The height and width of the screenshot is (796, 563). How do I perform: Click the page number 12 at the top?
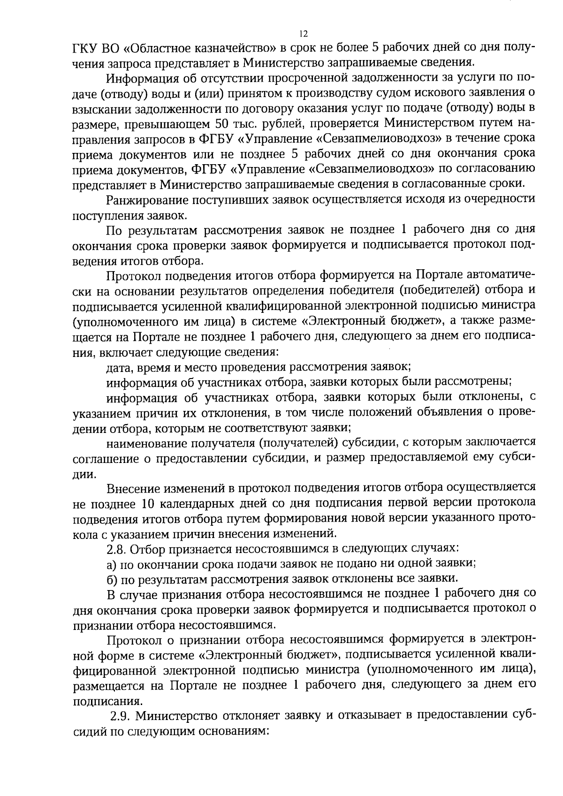coord(303,34)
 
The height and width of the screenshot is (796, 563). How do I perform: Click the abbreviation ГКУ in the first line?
coord(85,48)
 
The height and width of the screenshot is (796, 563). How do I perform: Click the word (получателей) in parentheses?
coord(298,442)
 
